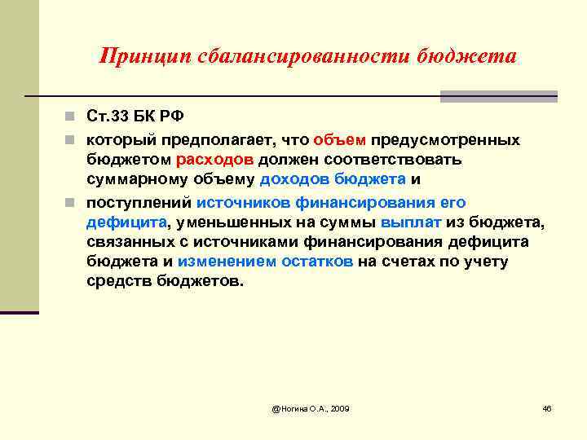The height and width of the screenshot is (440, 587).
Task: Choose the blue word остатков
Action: coord(316,262)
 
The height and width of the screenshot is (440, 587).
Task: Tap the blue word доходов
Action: coord(293,181)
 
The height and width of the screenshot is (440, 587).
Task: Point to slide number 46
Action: coord(547,407)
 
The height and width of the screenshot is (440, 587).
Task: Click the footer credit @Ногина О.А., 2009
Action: coord(311,407)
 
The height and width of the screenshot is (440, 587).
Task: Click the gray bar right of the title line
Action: coord(498,96)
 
